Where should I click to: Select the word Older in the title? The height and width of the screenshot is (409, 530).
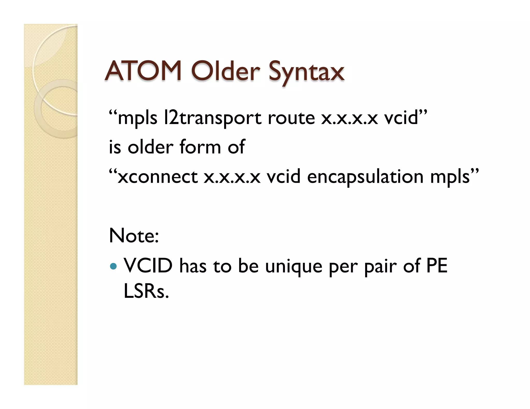pos(225,71)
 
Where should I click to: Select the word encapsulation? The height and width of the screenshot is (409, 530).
pos(365,177)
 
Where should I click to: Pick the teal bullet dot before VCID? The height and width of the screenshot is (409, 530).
pos(113,266)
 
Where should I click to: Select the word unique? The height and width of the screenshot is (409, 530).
pos(294,267)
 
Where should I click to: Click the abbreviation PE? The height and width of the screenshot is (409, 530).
pos(437,266)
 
